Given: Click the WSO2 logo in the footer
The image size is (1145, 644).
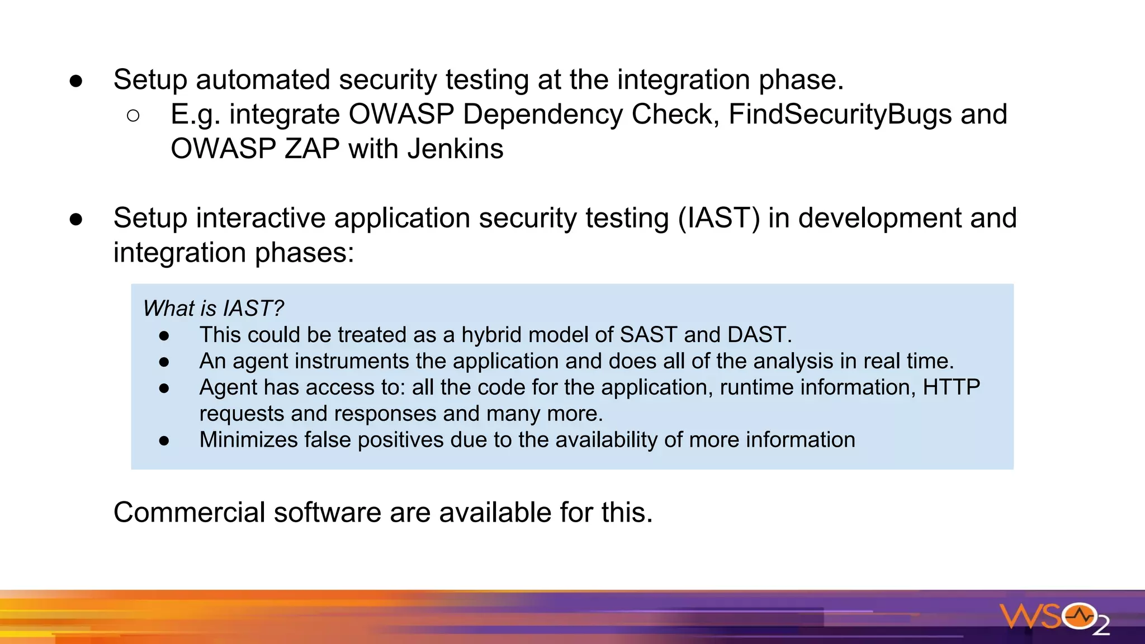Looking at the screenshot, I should (1054, 618).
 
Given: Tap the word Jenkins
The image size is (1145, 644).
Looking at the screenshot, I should (455, 149).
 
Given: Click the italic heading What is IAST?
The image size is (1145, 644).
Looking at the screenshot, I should (213, 308).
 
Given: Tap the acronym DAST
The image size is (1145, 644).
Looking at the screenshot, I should (759, 335).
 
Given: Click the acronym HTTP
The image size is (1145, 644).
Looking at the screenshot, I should (951, 387).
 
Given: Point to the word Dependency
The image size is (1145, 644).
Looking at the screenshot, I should (542, 115).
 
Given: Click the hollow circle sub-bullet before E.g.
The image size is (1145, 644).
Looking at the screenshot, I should (133, 116).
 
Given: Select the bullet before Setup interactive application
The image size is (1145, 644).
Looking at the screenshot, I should (76, 219).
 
